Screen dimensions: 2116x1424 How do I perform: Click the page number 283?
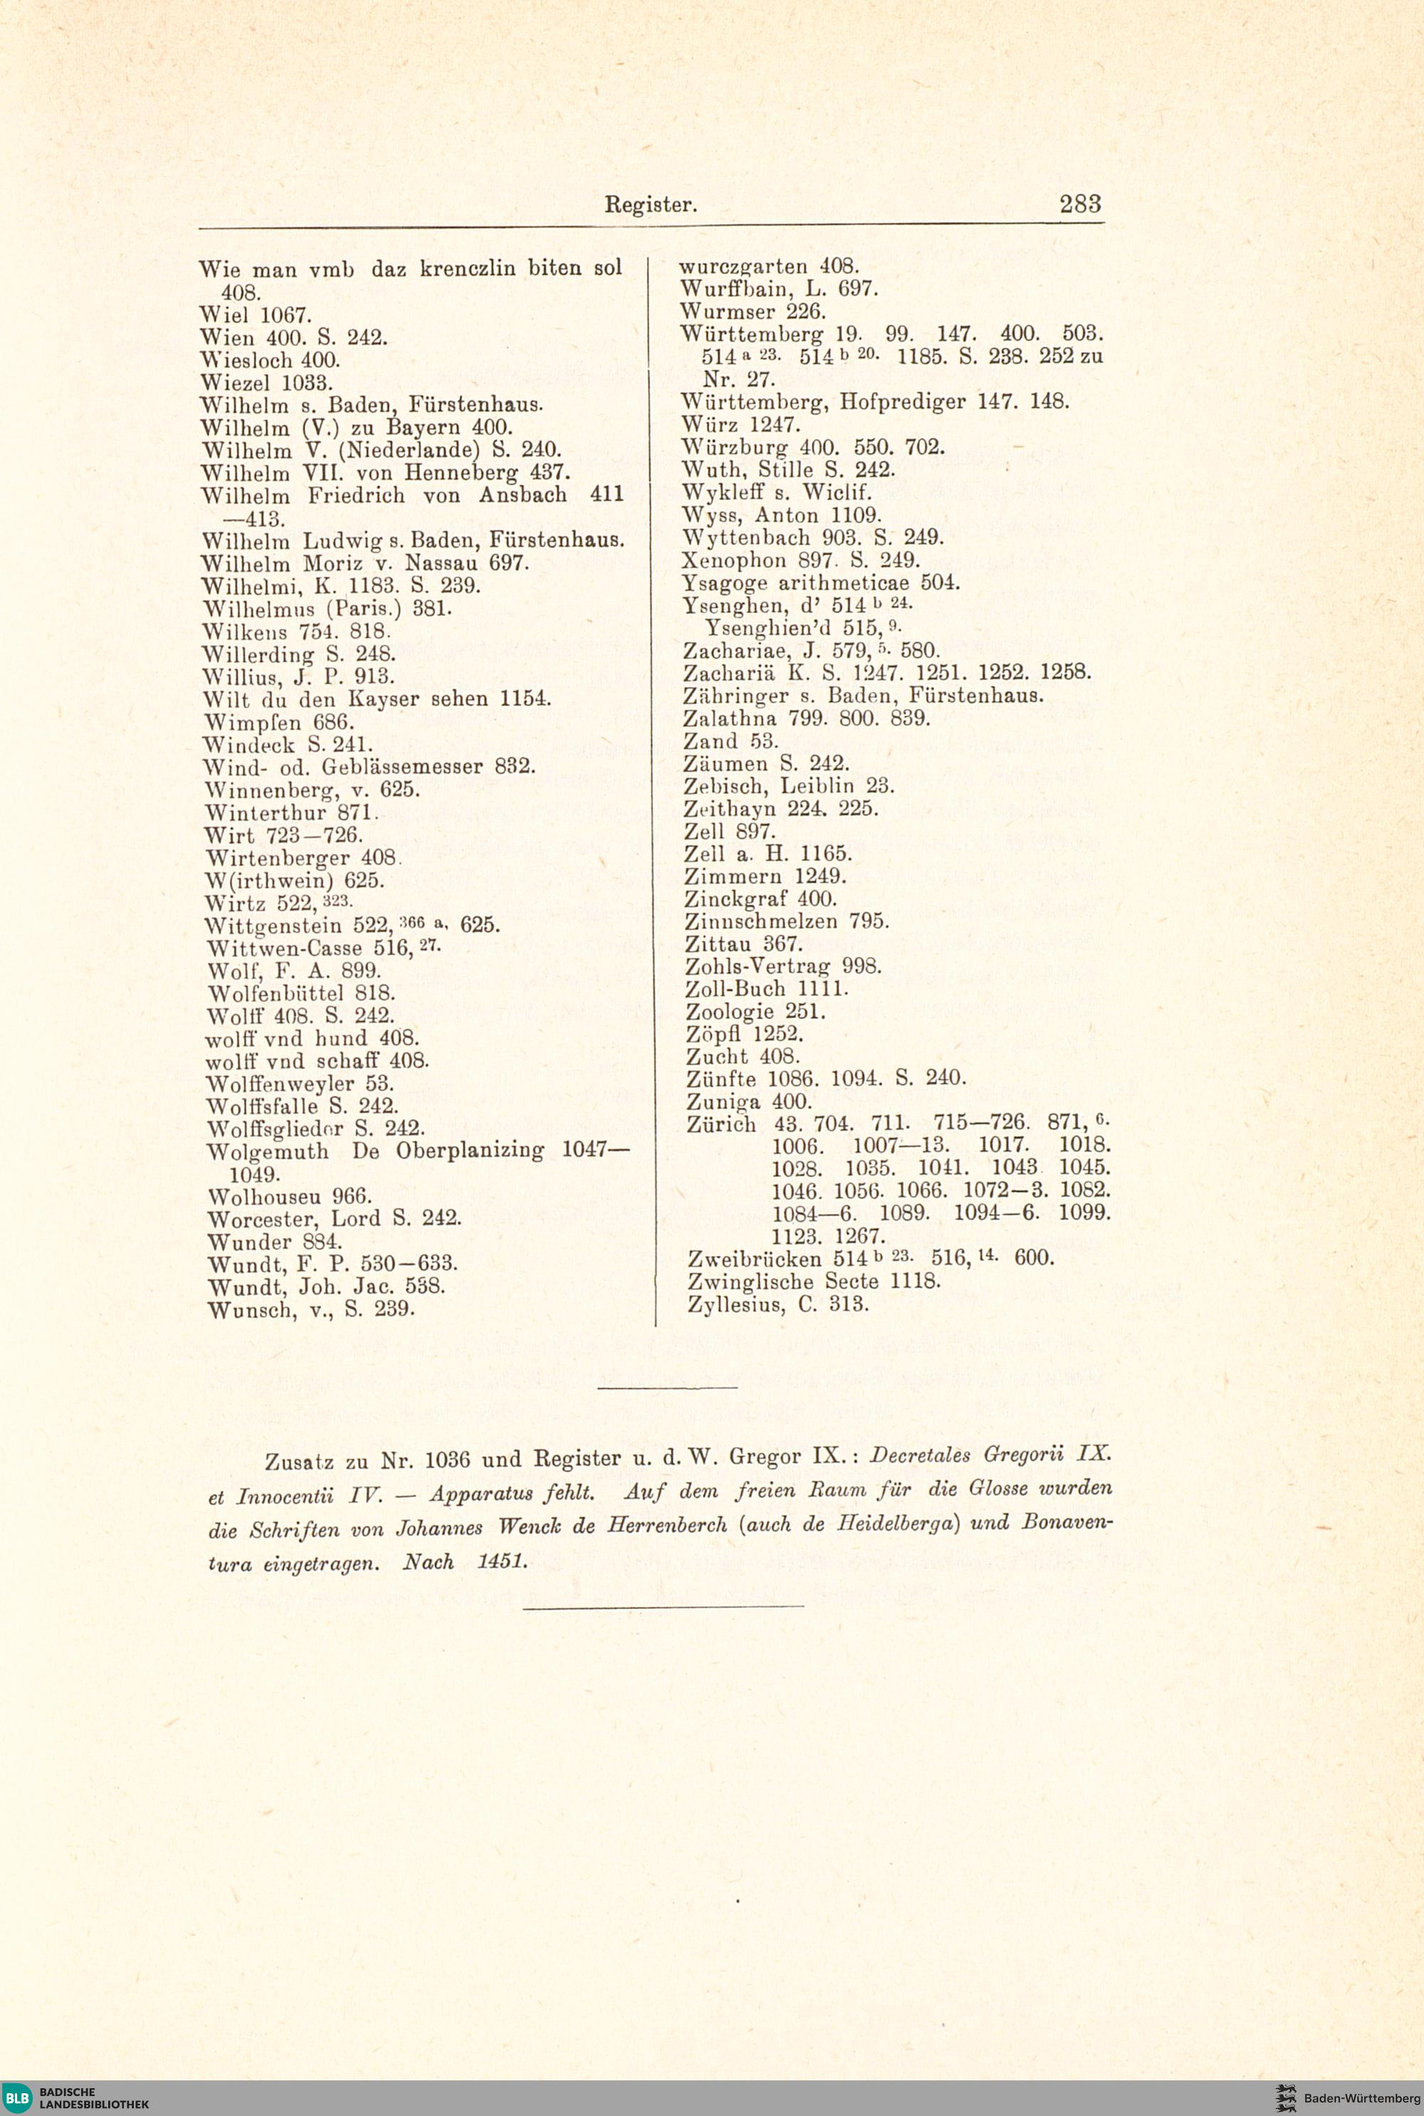point(1080,204)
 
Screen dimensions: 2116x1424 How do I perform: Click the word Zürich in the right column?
point(722,1124)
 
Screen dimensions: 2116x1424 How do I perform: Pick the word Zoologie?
point(729,1012)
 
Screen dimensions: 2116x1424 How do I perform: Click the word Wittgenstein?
point(273,926)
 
